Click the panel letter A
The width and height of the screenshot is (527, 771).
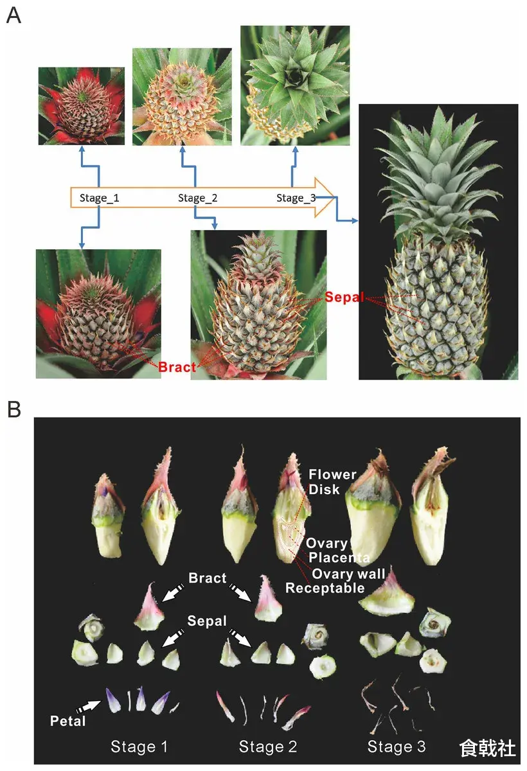point(13,16)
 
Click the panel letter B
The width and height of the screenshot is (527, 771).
point(13,409)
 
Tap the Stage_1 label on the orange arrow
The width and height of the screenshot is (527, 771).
point(99,198)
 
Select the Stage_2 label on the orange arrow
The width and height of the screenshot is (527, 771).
point(198,198)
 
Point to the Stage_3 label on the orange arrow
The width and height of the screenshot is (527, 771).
point(296,198)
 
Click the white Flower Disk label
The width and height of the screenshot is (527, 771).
point(332,482)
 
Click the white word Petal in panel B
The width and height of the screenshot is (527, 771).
point(67,721)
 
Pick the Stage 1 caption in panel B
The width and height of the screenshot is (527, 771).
point(139,747)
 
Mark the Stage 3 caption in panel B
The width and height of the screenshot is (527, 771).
point(397,747)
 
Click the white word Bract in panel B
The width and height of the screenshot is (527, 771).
point(207,578)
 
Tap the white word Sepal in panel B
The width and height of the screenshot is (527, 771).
point(207,621)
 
